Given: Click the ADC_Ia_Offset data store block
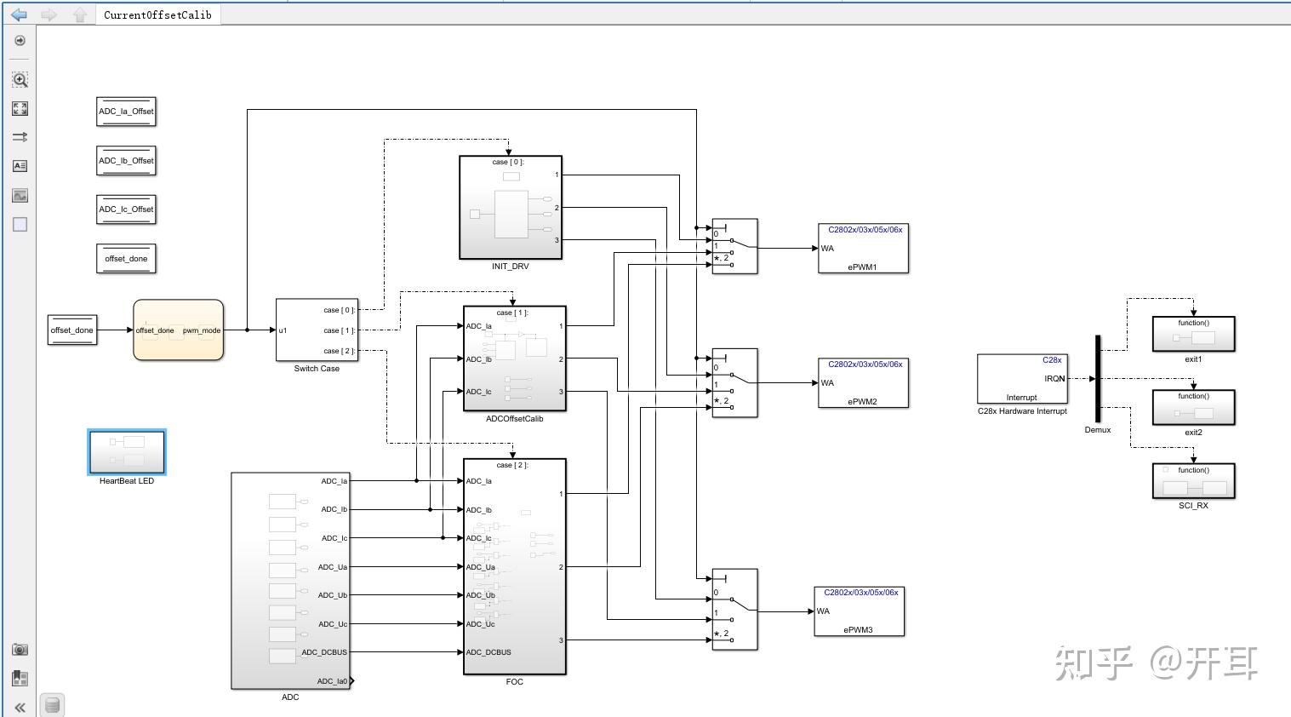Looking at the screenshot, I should pyautogui.click(x=126, y=112).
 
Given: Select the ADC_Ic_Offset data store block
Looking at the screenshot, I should pyautogui.click(x=126, y=209).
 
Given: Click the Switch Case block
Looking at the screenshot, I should pyautogui.click(x=317, y=330).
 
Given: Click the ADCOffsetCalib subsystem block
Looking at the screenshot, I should pyautogui.click(x=514, y=358).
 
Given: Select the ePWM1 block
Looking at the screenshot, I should pyautogui.click(x=863, y=248).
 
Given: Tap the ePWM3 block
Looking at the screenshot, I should pyautogui.click(x=859, y=611).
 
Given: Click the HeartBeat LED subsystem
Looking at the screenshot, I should pyautogui.click(x=127, y=451).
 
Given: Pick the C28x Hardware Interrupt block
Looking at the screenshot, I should pyautogui.click(x=1021, y=379).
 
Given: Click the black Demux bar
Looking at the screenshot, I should pyautogui.click(x=1098, y=378).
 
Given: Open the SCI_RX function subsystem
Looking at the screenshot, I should pyautogui.click(x=1193, y=481).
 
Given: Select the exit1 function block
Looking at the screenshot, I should pyautogui.click(x=1193, y=333).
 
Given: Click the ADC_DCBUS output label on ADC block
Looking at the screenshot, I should pyautogui.click(x=324, y=652).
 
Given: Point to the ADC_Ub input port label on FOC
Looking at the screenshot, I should pyautogui.click(x=481, y=595).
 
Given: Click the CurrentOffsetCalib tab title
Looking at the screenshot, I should pyautogui.click(x=157, y=14).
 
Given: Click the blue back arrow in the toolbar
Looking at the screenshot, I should pyautogui.click(x=19, y=14).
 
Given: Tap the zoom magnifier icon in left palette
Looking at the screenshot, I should pyautogui.click(x=20, y=79).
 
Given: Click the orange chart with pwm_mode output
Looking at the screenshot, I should pyautogui.click(x=178, y=330).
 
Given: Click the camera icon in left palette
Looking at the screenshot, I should pyautogui.click(x=20, y=650).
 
